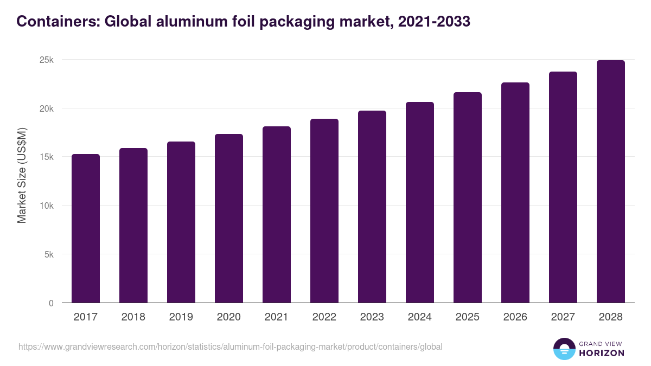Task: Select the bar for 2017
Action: (86, 228)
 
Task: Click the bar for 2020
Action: (229, 219)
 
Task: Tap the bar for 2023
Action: (372, 207)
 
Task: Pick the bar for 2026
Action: (515, 192)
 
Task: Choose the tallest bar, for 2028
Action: (611, 182)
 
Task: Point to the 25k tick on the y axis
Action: (47, 60)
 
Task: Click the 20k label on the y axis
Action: (47, 109)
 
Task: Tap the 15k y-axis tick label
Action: (47, 157)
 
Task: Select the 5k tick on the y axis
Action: (49, 254)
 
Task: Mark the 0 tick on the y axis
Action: (51, 303)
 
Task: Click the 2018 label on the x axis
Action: (133, 317)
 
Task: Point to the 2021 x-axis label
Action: (277, 317)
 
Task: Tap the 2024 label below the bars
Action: (420, 317)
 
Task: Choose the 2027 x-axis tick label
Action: (563, 317)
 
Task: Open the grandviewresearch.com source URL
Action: (231, 346)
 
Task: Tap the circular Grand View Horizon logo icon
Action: (564, 349)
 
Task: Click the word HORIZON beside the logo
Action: (602, 353)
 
